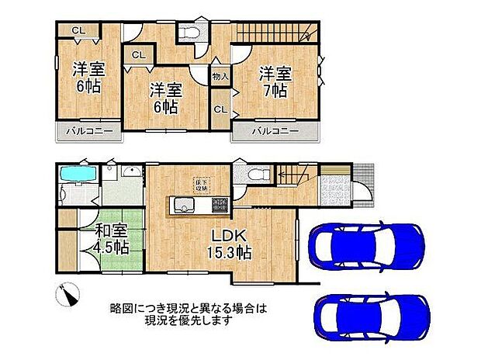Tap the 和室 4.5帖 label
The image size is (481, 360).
112,238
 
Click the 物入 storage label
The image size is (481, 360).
220,77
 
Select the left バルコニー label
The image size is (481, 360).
88,131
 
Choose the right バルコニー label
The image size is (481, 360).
275,131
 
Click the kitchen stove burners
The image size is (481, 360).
216,206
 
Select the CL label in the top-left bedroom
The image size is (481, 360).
78,30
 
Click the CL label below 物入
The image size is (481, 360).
220,109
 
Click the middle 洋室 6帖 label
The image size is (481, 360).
165,98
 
